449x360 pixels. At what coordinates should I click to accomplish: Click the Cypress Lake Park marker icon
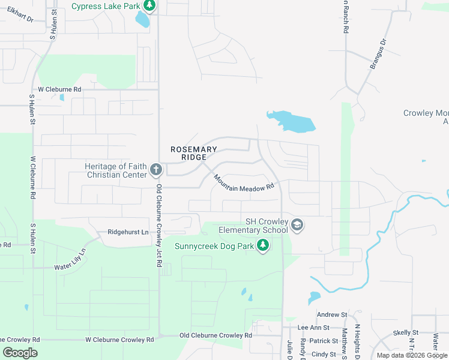149,7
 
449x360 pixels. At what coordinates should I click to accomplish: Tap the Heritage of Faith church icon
155,170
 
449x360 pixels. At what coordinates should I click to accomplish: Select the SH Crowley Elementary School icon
297,225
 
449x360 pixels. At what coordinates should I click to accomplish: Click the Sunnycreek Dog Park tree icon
262,245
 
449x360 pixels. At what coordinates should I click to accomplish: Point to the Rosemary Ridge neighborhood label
193,153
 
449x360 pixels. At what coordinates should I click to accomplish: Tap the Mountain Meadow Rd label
244,184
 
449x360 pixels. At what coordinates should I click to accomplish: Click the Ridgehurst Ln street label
128,232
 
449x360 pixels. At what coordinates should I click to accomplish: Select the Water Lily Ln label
70,260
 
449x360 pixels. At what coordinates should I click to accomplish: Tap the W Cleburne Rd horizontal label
59,89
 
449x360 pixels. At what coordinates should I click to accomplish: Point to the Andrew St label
332,314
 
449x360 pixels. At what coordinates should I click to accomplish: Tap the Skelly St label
406,332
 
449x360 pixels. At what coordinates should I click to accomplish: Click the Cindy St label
324,354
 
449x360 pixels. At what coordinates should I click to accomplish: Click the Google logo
20,353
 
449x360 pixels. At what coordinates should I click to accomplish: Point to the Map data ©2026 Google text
412,355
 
